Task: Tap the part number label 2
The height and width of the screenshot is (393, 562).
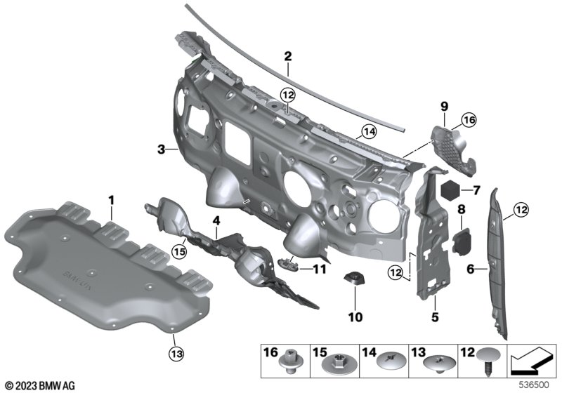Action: (x=287, y=55)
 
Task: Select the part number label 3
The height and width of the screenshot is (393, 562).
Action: (x=161, y=149)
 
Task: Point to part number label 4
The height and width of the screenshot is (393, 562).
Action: (x=217, y=220)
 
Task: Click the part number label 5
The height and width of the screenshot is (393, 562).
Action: (x=435, y=318)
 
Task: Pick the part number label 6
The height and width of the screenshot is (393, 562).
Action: (x=471, y=267)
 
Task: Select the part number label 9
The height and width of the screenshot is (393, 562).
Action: (x=444, y=106)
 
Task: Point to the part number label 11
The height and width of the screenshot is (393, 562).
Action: (x=320, y=268)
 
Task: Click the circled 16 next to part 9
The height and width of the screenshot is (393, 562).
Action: (x=469, y=121)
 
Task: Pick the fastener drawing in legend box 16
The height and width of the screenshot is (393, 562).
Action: (x=288, y=364)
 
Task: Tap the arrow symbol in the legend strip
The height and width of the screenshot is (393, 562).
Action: (x=530, y=363)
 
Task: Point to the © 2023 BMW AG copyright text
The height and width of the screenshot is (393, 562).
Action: (x=40, y=385)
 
